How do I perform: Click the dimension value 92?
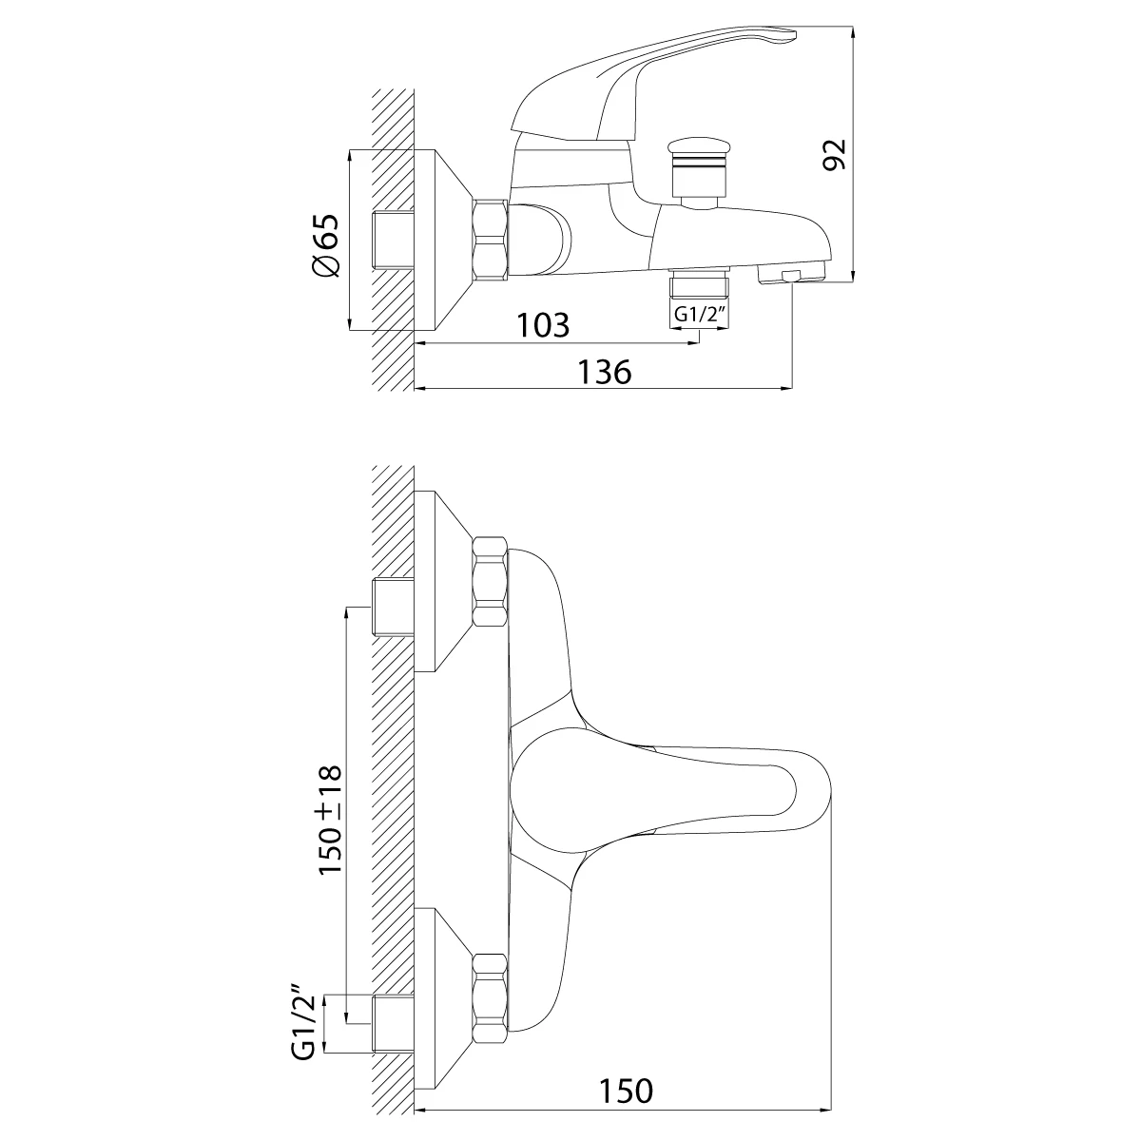(835, 155)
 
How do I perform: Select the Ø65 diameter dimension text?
(326, 244)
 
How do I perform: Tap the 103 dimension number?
(543, 324)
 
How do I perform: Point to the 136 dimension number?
(605, 372)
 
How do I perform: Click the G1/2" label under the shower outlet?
(700, 315)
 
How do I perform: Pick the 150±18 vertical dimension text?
(330, 820)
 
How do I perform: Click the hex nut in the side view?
(491, 240)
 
